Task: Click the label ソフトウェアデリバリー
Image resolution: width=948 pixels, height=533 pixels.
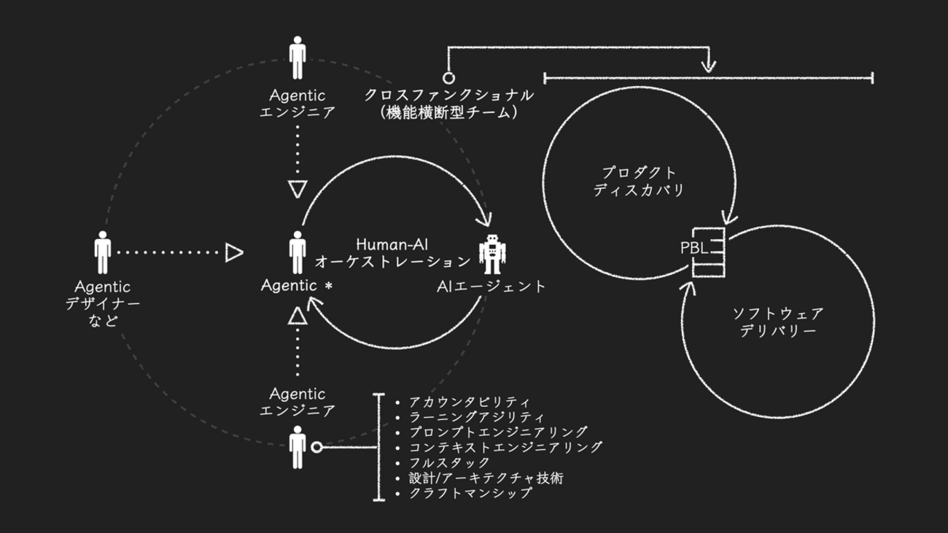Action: [x=778, y=322]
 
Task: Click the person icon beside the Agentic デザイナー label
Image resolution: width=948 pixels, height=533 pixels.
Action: [x=103, y=252]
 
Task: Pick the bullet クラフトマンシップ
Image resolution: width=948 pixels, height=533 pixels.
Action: [x=470, y=493]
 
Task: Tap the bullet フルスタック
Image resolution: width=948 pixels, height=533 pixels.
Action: [x=449, y=462]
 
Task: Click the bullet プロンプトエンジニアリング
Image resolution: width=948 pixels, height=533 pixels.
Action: [x=498, y=432]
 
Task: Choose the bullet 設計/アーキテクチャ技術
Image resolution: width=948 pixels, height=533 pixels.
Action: [x=486, y=478]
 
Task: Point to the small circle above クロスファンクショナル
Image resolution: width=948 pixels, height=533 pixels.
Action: [x=449, y=77]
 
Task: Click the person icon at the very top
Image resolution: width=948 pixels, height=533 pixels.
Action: [x=298, y=58]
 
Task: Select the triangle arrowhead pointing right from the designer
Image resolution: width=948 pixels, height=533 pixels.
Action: [x=233, y=253]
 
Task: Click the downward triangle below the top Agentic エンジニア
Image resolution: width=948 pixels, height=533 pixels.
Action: [x=296, y=190]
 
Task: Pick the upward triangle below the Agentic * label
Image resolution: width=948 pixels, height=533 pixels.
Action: [x=296, y=316]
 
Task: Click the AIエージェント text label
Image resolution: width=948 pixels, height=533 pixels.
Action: [x=491, y=287]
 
